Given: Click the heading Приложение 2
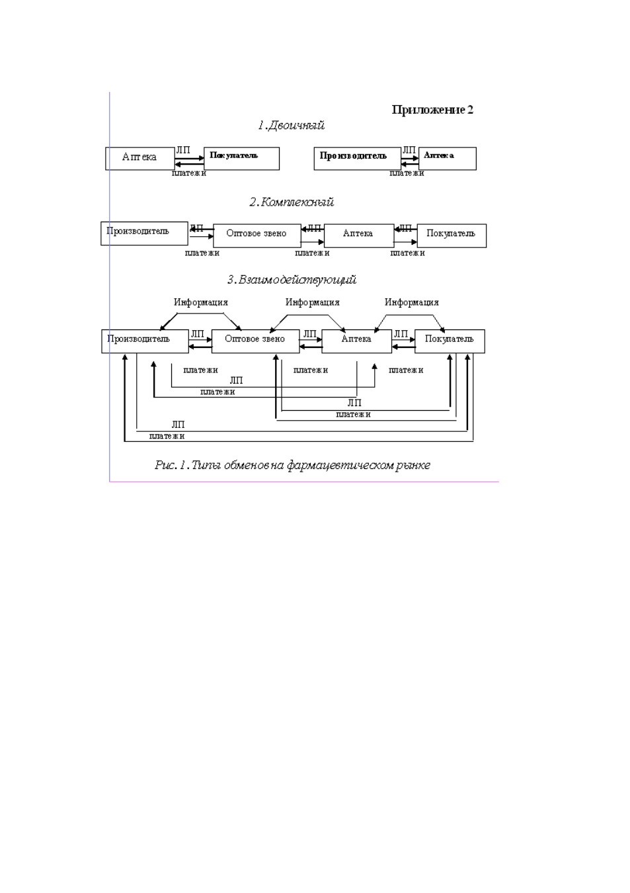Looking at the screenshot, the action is tap(432, 110).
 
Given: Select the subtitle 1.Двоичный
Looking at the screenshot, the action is tap(291, 126).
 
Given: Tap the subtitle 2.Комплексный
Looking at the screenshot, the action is tap(292, 202).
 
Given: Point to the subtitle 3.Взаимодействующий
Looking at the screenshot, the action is tap(292, 279).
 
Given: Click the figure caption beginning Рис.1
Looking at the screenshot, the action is tap(292, 465).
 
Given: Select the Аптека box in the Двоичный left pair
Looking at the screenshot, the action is tap(140, 159).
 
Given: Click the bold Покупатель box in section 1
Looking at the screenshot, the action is tap(241, 159).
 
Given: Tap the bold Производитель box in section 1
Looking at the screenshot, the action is tap(357, 159).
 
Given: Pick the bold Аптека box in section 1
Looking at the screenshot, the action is tap(447, 159).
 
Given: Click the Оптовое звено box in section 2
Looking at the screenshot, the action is tap(257, 235).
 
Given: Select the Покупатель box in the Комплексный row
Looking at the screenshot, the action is tap(452, 235).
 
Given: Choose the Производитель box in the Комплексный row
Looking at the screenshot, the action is tap(144, 234).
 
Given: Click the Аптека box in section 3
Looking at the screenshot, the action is tap(356, 341).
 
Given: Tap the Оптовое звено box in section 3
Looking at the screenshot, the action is tap(255, 341).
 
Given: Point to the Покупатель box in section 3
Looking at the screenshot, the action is tap(450, 341).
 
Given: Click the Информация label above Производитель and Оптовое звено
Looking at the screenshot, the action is tap(201, 302).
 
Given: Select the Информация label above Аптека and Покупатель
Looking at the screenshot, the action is tap(412, 302).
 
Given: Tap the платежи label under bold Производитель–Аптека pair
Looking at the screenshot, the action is tap(407, 173).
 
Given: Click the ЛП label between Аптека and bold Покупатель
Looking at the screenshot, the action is tap(183, 150).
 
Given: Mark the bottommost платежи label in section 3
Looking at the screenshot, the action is tap(167, 436).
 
